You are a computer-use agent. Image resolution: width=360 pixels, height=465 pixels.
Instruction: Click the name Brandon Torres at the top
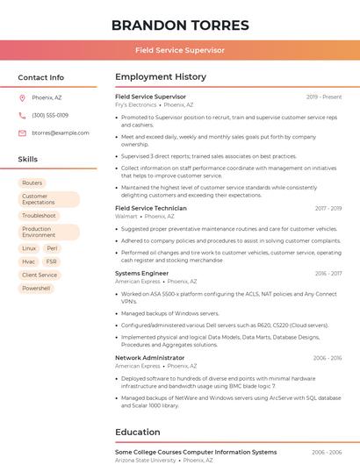tap(179, 25)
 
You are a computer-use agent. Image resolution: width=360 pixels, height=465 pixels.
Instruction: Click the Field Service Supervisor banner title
tap(179, 50)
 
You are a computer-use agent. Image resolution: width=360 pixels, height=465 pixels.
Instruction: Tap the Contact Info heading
tap(40, 77)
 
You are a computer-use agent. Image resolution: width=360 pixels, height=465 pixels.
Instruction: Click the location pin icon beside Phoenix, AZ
tap(22, 97)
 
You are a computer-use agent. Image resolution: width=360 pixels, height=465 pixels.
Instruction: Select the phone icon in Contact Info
tap(22, 115)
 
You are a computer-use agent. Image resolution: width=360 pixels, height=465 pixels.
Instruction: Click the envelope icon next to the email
tap(22, 132)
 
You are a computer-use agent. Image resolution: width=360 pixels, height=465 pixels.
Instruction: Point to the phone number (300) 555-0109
tap(50, 115)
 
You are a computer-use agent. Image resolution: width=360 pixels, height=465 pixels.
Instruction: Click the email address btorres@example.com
tap(61, 132)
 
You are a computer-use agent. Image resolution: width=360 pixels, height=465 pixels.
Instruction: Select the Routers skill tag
tap(32, 183)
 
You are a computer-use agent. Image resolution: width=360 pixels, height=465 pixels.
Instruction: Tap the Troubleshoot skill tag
tap(39, 216)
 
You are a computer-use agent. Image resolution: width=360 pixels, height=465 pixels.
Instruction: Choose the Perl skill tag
tap(52, 248)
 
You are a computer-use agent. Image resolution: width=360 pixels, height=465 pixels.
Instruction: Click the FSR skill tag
tap(52, 261)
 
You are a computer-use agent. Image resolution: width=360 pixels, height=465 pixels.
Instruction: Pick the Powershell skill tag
tap(36, 288)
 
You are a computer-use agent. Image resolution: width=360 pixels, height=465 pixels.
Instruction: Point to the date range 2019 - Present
tap(324, 97)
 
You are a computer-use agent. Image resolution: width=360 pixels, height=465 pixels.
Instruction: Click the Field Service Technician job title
tap(151, 208)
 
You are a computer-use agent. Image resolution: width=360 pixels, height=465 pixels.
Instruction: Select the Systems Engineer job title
tap(141, 273)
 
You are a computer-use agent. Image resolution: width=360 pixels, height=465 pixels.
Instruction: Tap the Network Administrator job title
tap(149, 358)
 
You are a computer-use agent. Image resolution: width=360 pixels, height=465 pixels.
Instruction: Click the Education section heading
tap(137, 432)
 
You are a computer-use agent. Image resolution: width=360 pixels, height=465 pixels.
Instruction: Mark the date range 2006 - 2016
tap(327, 358)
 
